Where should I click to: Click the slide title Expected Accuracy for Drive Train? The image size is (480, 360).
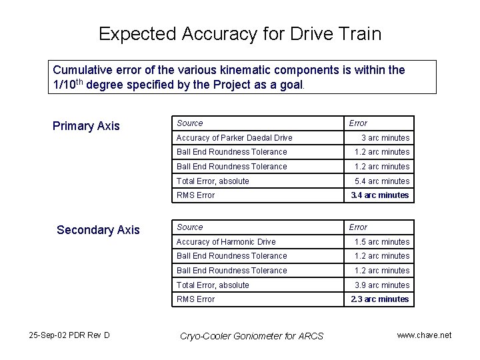(240, 34)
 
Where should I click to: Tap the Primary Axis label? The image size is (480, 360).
(86, 126)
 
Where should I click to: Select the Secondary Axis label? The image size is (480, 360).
(98, 230)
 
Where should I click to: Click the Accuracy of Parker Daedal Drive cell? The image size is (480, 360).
(234, 138)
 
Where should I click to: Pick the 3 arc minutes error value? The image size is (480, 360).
(385, 138)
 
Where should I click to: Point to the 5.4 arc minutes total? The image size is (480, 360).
(382, 181)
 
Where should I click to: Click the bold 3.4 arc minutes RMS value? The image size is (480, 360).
(380, 195)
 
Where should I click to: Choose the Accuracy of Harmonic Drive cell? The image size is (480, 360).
(226, 242)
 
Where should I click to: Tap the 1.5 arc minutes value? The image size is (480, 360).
(382, 242)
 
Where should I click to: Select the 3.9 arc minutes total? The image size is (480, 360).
(382, 285)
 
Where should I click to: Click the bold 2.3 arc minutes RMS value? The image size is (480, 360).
(380, 299)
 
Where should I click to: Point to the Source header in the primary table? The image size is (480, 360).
(190, 123)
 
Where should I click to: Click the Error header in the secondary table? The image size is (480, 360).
(358, 227)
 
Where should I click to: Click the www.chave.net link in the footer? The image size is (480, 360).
(424, 335)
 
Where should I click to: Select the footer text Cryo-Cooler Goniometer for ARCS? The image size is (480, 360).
(252, 336)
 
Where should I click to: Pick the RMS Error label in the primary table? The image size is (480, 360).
(195, 195)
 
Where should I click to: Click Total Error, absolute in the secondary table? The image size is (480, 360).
(213, 285)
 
